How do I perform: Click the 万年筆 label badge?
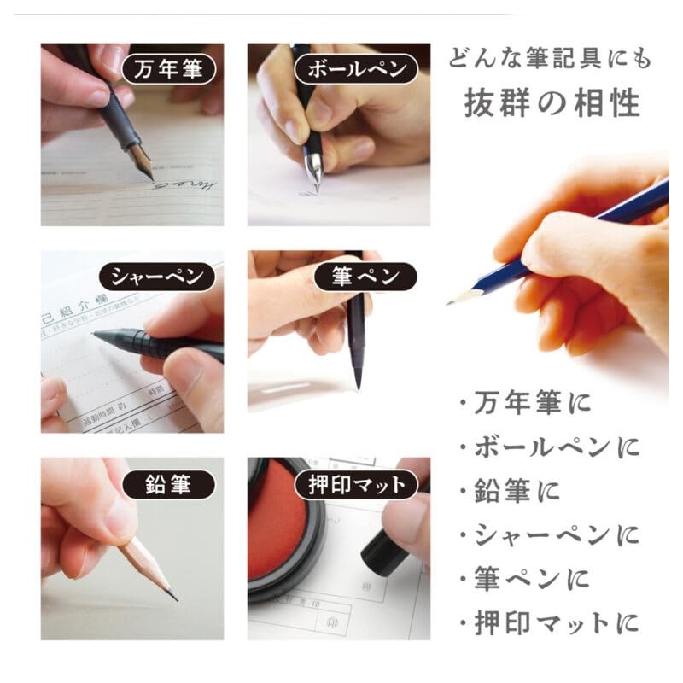pos(168,69)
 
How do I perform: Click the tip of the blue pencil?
pos(450,302)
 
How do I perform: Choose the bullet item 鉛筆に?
pos(510,491)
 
